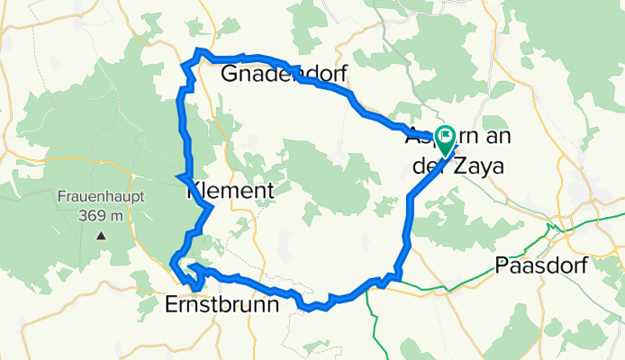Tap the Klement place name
230,191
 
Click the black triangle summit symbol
100,235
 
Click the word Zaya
478,166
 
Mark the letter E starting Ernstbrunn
172,304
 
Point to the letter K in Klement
191,191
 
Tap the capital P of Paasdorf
501,265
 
